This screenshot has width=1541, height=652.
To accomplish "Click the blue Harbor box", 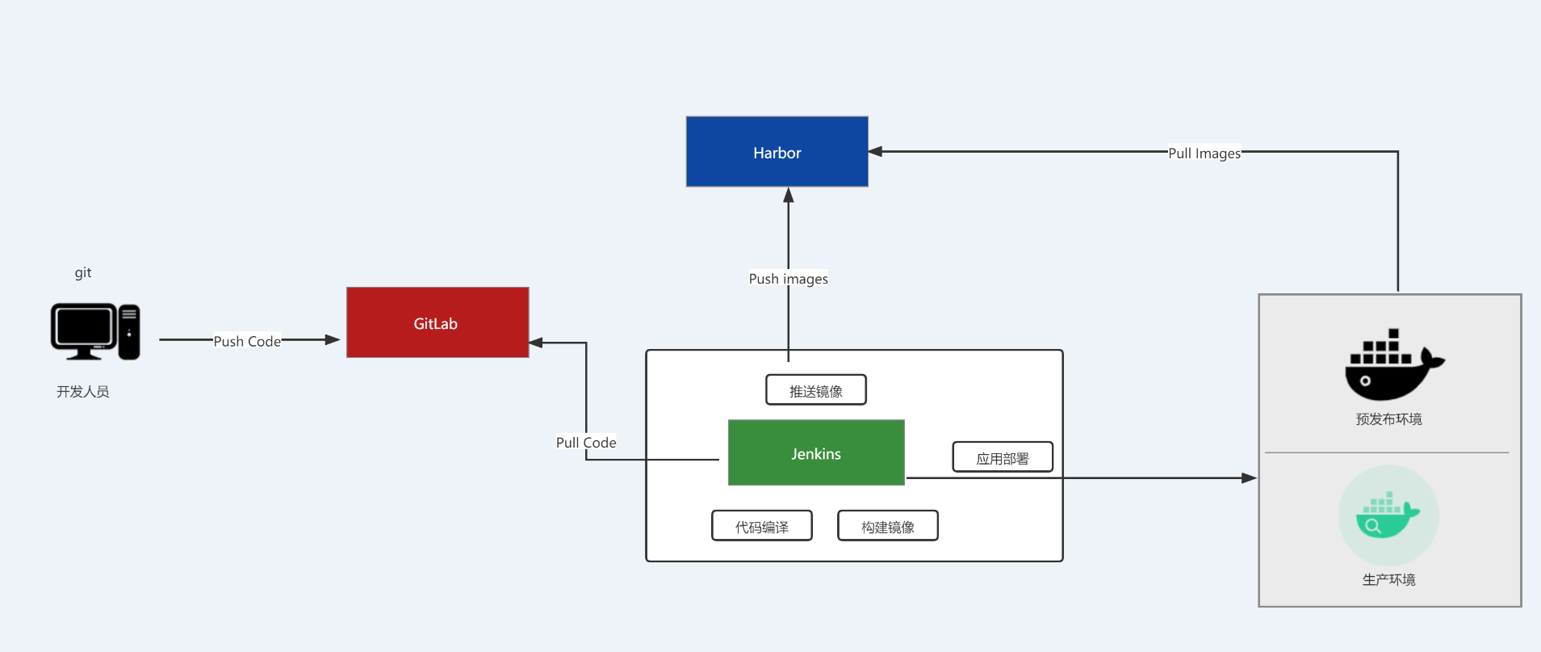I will coord(777,152).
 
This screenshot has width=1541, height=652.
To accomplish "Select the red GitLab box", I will coord(437,322).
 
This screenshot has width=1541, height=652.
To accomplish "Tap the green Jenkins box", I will coord(815,452).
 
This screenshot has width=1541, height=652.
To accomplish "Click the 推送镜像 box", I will coord(815,390).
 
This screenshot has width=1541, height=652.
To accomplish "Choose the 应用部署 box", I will coord(1002,457).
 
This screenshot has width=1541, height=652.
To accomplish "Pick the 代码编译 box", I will coord(761,526).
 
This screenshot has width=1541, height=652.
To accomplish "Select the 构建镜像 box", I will coord(887,526).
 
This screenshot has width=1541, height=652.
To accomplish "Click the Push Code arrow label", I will coord(247,341).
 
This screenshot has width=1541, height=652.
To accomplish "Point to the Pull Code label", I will coord(586,442).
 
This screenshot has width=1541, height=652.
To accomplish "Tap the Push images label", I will coord(788,279).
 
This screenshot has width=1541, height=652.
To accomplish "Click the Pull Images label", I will coord(1204,153).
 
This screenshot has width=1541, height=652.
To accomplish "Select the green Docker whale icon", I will coord(1388,515).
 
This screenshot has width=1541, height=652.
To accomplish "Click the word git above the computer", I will coord(83,272).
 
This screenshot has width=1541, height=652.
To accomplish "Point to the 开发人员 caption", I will coord(82,392).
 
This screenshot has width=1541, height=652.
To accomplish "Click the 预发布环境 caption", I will coord(1388,419).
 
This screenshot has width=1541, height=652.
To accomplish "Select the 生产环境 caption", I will coord(1388,579).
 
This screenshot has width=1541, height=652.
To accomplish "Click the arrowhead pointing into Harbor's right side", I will coord(876,151).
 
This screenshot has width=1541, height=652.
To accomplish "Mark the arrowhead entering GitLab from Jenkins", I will coord(536,343).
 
